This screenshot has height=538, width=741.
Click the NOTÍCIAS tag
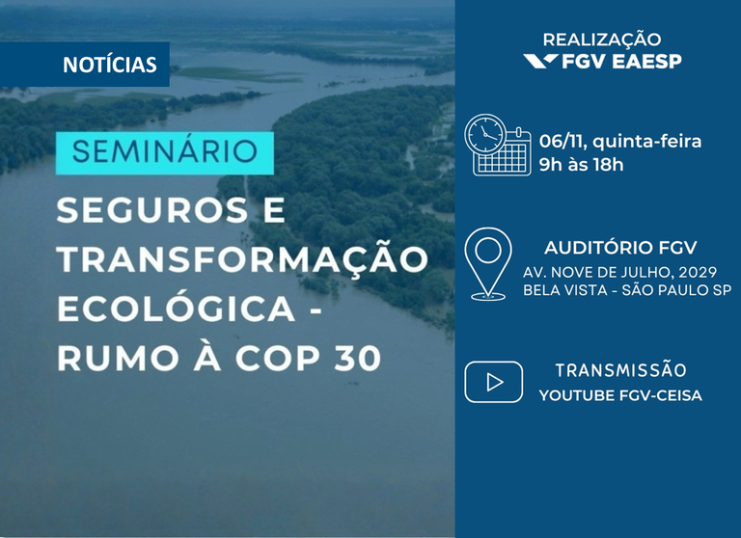tap(109, 66)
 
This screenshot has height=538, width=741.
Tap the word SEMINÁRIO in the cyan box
tap(165, 152)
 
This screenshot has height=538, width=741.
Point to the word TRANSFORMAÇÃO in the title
tap(242, 259)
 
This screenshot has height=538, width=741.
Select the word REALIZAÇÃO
tap(602, 40)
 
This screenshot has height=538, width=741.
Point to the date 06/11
tap(563, 142)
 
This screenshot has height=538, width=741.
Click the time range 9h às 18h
tap(581, 164)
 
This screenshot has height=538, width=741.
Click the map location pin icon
tap(487, 261)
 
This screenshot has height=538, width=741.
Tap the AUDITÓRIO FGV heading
tap(620, 246)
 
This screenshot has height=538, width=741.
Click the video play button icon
tap(493, 382)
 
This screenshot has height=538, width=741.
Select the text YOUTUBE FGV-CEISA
tap(620, 394)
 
